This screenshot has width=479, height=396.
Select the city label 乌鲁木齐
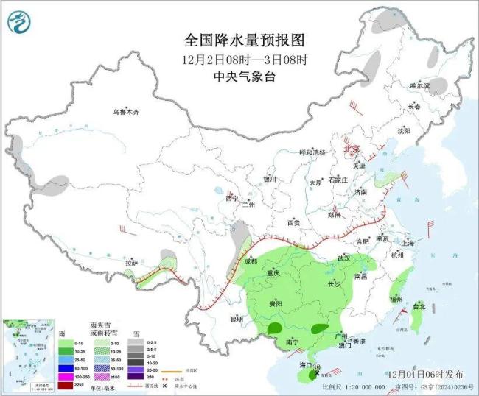pos(125,112)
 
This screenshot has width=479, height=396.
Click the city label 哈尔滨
pos(419,86)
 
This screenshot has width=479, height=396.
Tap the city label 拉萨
pos(131,262)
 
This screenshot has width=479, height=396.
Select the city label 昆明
pos(236,319)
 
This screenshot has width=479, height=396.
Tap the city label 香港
pos(358,342)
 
